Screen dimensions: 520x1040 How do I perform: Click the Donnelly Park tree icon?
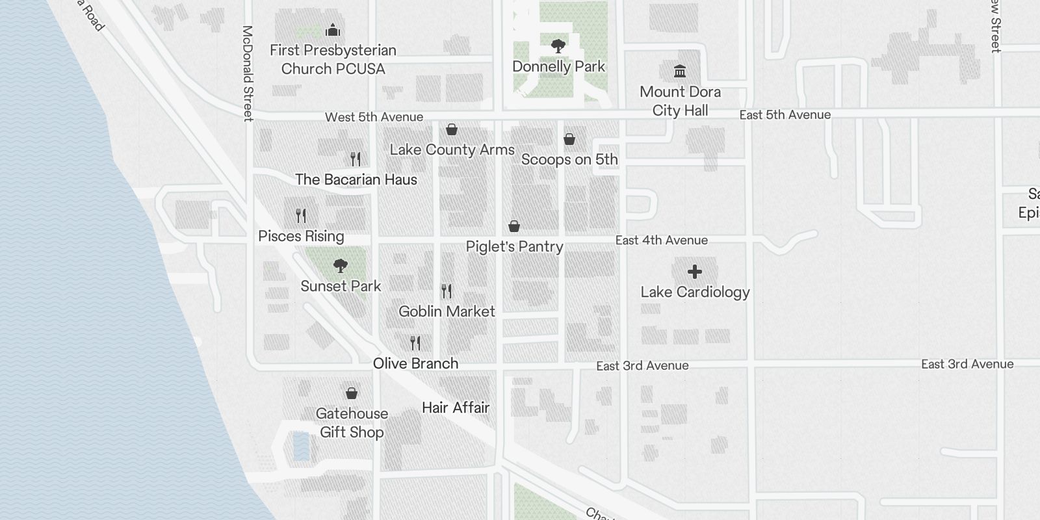point(558,45)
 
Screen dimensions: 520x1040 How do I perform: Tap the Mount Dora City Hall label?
point(680,101)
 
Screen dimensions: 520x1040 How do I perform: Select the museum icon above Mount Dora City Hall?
point(680,70)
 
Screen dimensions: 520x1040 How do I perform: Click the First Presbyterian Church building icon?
point(333,30)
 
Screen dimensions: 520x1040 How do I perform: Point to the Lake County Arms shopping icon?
point(451,129)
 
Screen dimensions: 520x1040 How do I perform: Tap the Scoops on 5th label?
point(569,159)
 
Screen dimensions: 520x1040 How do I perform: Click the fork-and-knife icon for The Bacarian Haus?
point(356,159)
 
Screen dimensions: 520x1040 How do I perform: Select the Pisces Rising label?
point(301,236)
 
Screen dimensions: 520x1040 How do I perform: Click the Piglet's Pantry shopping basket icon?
point(513,226)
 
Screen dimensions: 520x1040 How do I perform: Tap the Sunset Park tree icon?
point(340,265)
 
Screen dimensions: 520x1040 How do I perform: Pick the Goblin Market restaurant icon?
point(447,291)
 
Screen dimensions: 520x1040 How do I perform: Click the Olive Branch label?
point(415,363)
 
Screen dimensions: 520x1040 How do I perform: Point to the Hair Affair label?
point(455,408)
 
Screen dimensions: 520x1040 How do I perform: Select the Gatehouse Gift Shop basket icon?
point(351,393)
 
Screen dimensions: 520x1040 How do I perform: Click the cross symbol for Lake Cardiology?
point(695,272)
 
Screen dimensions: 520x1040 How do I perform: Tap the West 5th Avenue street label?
point(374,117)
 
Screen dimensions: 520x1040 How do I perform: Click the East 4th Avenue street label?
point(661,240)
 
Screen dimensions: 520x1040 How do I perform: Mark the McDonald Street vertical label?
point(247,73)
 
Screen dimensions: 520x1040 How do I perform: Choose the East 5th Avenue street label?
point(785,115)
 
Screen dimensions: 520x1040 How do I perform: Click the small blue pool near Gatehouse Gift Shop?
point(301,446)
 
